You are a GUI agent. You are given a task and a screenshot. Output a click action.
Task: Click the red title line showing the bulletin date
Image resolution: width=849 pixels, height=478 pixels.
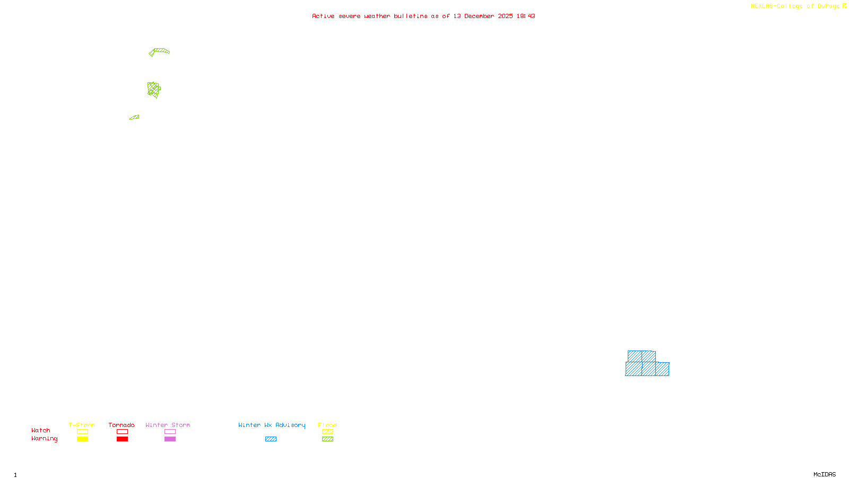423,16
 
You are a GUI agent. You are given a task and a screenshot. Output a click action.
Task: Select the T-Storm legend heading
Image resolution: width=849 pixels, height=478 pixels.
82,425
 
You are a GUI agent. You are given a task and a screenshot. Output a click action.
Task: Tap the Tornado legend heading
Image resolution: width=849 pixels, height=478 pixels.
122,425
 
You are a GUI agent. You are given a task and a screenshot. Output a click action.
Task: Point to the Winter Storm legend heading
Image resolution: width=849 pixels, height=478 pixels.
168,425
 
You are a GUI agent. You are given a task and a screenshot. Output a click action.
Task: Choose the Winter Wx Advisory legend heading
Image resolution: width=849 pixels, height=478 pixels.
272,425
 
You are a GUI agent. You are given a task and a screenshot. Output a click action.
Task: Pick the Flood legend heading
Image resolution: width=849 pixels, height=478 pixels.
327,425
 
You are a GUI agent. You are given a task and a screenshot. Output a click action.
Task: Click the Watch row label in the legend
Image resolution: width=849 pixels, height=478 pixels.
41,430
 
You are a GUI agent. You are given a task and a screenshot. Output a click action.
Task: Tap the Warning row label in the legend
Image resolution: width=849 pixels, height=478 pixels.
45,439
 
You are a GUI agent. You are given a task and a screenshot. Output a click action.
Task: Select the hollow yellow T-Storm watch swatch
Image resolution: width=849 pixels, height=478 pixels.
82,432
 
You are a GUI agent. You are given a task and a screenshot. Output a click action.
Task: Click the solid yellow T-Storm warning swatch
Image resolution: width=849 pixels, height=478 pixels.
82,439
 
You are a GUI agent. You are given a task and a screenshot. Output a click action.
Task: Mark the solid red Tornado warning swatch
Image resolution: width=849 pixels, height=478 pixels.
122,439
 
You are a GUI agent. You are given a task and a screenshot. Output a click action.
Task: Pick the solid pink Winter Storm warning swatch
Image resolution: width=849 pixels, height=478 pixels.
170,439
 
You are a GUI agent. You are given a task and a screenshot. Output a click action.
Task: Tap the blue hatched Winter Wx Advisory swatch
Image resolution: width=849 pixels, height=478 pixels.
271,439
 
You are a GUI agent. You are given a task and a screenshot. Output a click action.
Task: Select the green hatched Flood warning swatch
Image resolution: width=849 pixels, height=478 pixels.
327,439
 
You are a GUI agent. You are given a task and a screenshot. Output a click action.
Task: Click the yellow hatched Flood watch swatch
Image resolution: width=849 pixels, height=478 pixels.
327,432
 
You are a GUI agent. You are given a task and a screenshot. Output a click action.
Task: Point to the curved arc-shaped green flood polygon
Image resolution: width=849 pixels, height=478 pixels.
160,51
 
